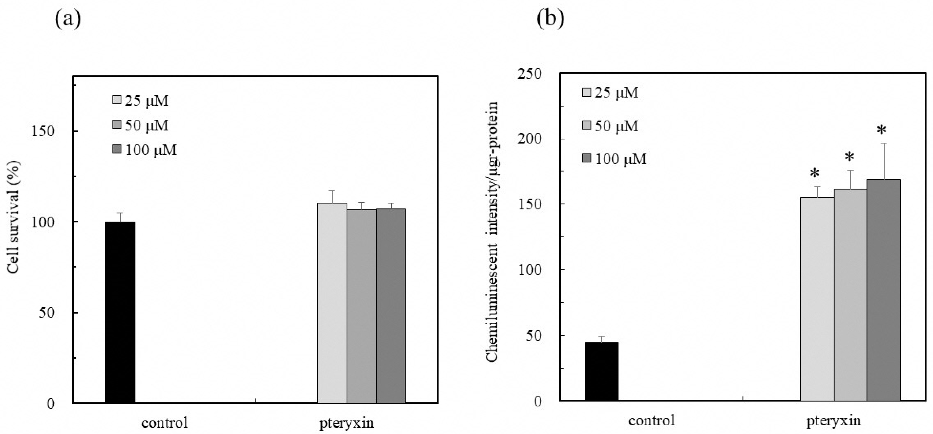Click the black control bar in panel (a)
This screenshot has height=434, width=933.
120,312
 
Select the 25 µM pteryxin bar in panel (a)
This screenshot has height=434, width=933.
332,303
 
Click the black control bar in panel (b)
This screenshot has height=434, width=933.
602,371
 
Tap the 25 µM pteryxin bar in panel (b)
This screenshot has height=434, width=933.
817,299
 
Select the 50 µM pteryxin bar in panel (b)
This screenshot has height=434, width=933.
850,295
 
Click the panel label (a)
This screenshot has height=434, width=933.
68,19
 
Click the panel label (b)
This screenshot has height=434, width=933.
550,19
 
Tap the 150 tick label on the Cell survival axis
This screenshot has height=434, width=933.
43,131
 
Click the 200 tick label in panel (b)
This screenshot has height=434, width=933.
530,139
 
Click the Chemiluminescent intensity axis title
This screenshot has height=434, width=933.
492,232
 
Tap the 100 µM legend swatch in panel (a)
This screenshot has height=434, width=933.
116,149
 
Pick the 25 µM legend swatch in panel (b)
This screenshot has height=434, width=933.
586,93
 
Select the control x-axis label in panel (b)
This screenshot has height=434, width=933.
652,420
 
